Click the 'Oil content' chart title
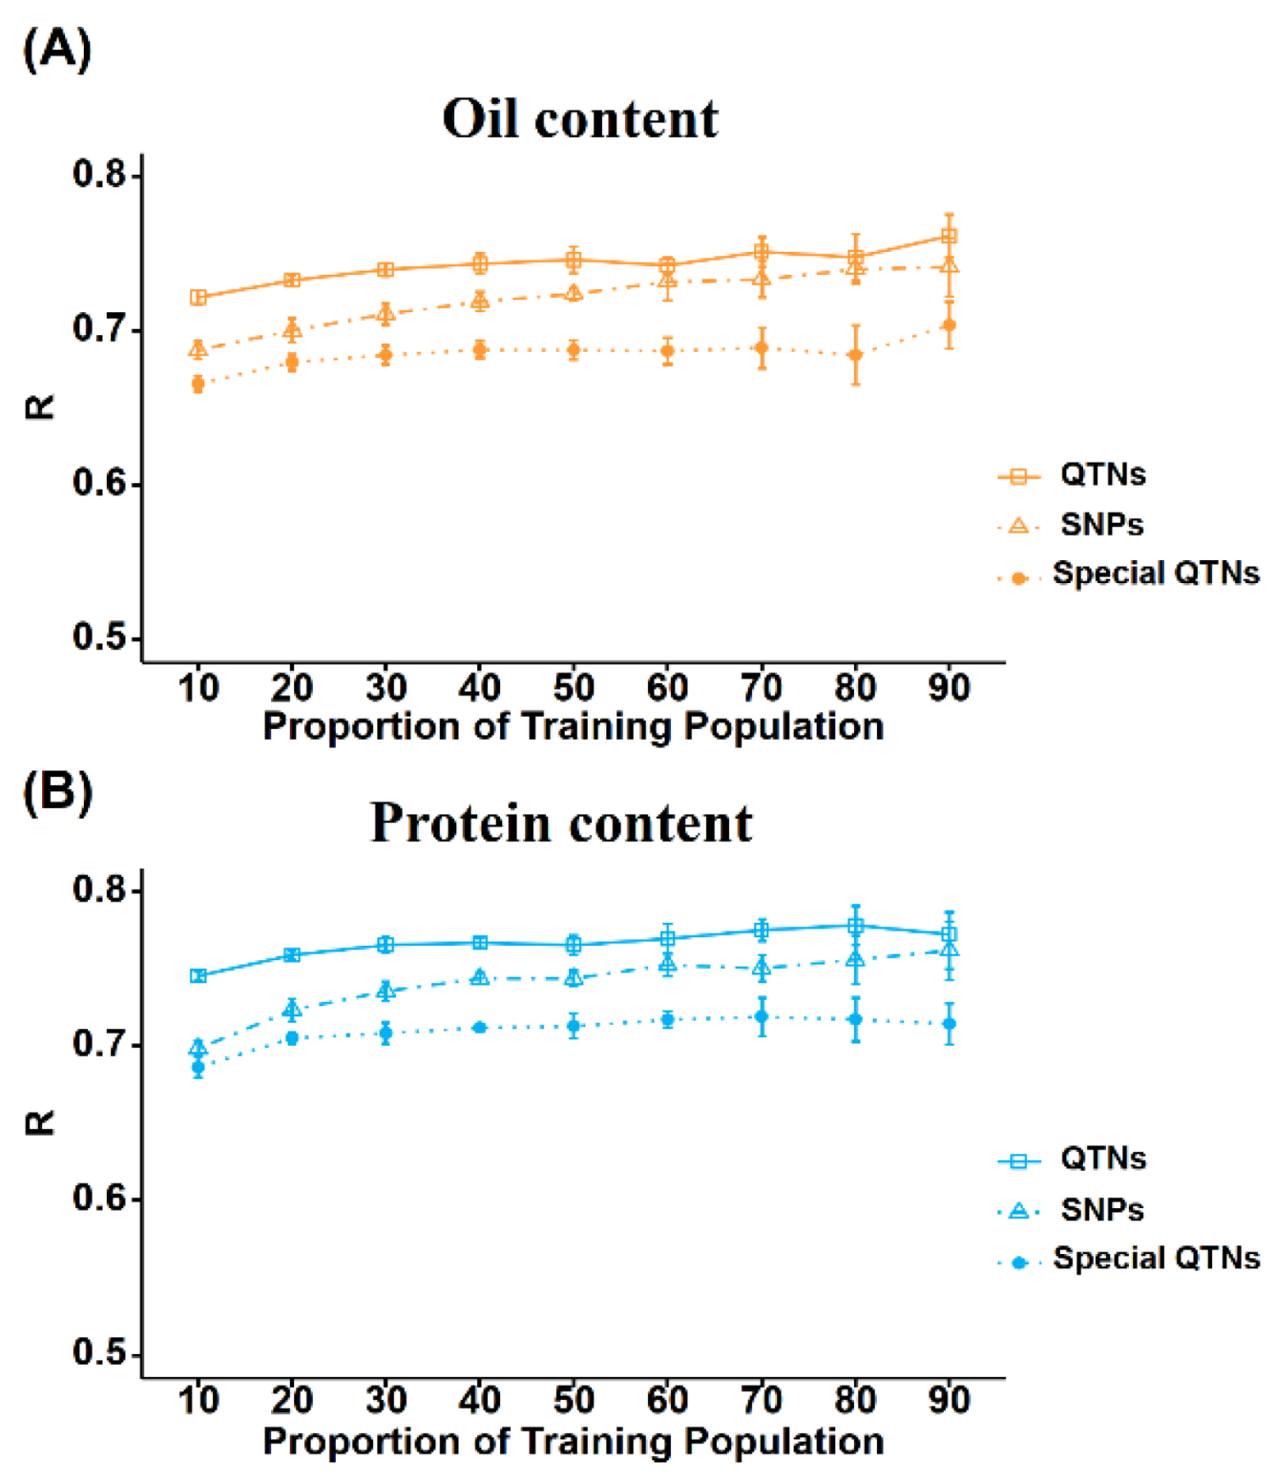pos(579,119)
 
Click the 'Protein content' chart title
pos(561,823)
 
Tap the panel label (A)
pos(56,49)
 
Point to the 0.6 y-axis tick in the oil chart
pos(98,483)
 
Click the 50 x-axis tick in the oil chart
pos(574,687)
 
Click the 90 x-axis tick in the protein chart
pos(949,1400)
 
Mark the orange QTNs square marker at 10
pos(198,298)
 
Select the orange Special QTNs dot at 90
pos(949,325)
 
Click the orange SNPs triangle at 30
pos(386,314)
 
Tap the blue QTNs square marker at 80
pos(856,926)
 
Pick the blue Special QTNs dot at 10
pos(198,1068)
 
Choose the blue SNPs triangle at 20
pos(292,1010)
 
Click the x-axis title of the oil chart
pos(573,726)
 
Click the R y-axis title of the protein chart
pos(40,1122)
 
